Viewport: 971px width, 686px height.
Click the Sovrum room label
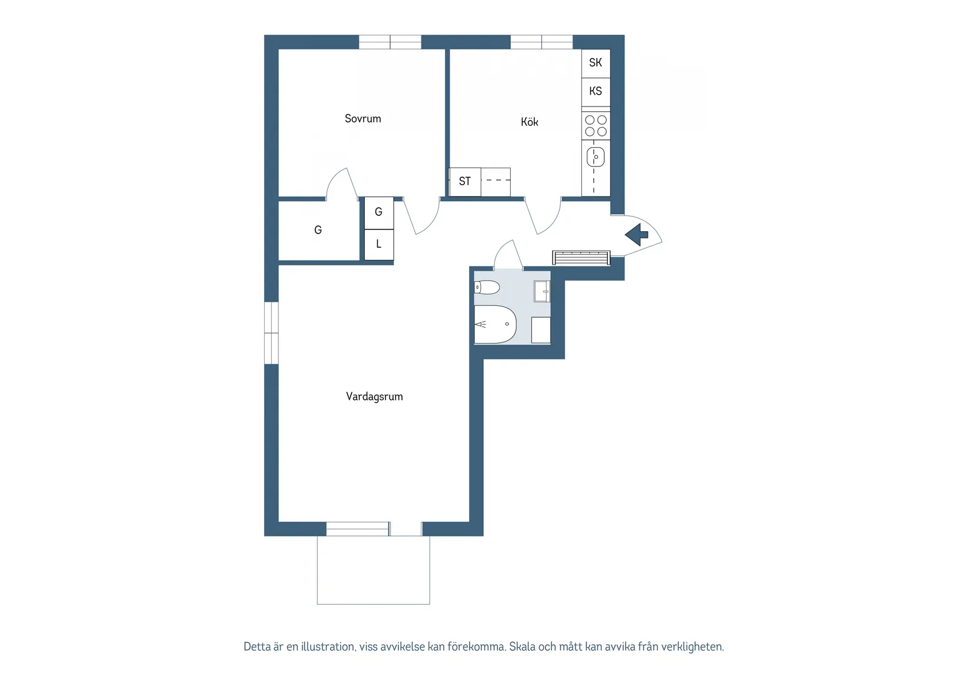tap(363, 119)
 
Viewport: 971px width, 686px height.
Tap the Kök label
tap(529, 122)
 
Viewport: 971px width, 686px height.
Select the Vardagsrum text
tap(374, 397)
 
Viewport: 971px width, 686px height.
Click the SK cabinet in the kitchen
tap(596, 63)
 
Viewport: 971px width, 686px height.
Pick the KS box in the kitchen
tap(596, 92)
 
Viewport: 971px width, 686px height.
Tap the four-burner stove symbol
tap(596, 126)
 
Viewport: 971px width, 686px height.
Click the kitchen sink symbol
tap(596, 158)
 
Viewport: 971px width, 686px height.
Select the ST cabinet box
tap(465, 182)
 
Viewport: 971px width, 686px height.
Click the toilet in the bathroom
tap(487, 288)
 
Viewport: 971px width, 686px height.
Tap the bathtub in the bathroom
tap(495, 324)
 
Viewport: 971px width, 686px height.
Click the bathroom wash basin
tap(542, 291)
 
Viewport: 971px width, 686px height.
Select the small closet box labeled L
tap(378, 244)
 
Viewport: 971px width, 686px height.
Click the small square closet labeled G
tap(378, 212)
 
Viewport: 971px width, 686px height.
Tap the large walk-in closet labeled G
tap(318, 231)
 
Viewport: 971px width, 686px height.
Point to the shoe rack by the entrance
tap(581, 258)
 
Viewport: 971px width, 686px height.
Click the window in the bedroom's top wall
tap(390, 42)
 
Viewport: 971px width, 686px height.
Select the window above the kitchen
tap(541, 42)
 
